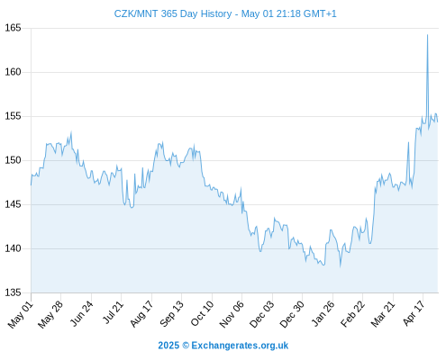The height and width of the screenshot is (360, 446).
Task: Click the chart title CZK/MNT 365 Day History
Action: click(x=173, y=13)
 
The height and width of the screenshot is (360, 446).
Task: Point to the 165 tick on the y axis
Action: click(x=13, y=28)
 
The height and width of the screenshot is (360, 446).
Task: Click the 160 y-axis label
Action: click(x=13, y=72)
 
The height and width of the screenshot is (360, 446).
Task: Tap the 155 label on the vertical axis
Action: click(x=13, y=116)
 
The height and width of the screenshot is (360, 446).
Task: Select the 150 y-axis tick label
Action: click(x=13, y=160)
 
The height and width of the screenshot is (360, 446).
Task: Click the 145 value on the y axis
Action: click(x=13, y=204)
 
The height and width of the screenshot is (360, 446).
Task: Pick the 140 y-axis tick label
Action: click(x=13, y=248)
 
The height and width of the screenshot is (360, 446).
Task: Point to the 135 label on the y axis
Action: click(x=13, y=292)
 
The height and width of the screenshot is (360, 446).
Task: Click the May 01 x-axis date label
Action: click(x=20, y=315)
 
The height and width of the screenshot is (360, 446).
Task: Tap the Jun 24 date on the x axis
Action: click(x=81, y=313)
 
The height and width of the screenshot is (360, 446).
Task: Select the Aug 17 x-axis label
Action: click(x=141, y=314)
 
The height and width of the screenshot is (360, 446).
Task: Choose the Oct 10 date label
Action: click(x=202, y=313)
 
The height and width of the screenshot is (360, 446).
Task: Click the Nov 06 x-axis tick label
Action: click(x=232, y=314)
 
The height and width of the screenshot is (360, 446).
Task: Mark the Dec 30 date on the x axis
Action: click(x=292, y=314)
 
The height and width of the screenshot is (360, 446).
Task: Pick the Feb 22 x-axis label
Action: click(x=352, y=314)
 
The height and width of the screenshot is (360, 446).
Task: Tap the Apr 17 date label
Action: click(x=414, y=313)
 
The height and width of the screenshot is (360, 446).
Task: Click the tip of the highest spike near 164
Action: click(x=427, y=35)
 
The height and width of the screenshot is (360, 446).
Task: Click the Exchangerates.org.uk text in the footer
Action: click(x=240, y=346)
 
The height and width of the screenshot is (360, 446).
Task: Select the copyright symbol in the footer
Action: click(x=186, y=346)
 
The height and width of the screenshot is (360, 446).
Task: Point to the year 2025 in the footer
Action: click(x=168, y=346)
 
